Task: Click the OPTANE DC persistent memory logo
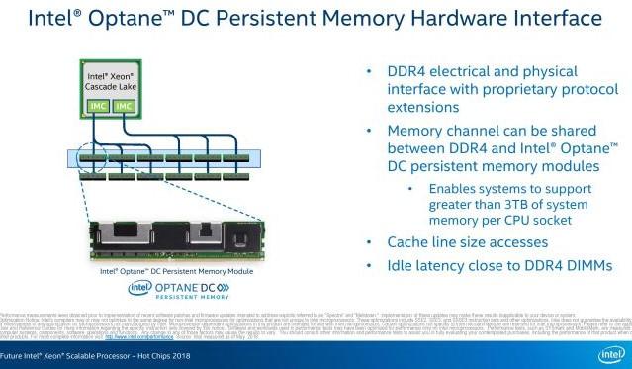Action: point(179,288)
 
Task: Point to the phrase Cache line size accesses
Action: point(468,242)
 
